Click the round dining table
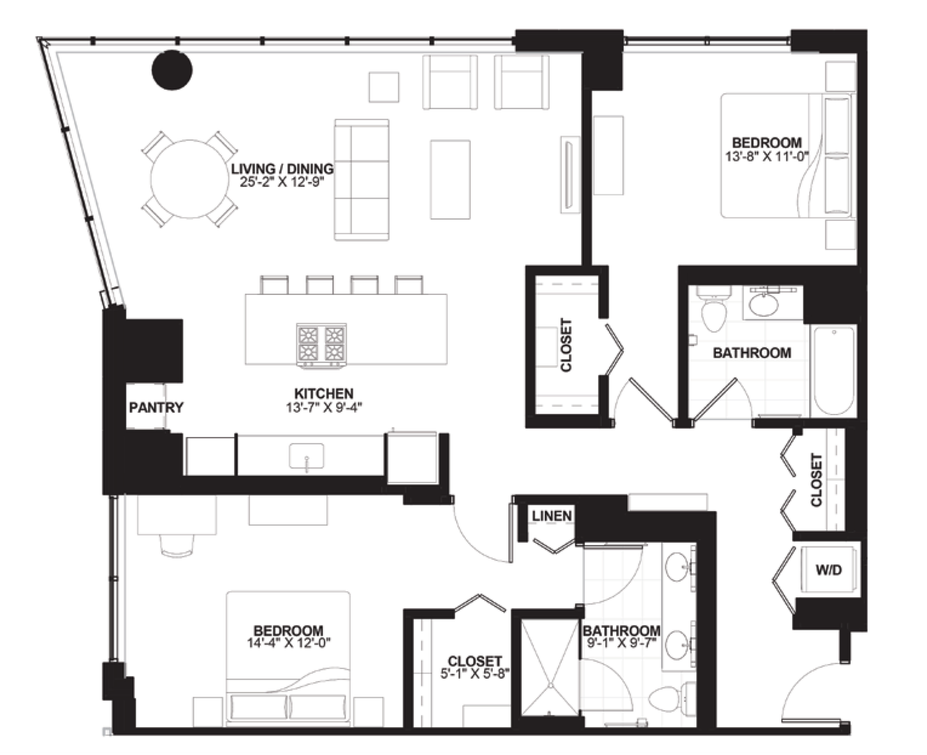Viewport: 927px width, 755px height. [189, 179]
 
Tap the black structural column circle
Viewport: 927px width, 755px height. [172, 70]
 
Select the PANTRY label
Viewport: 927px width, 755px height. [156, 408]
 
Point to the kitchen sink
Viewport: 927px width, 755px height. [307, 456]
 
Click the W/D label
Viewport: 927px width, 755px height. [829, 570]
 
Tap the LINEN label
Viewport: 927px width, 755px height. [552, 516]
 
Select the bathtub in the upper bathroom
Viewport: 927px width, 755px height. [833, 371]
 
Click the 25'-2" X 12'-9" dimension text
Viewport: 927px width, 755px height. [282, 182]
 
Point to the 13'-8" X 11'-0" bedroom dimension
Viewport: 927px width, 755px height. [766, 157]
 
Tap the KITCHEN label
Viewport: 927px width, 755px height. [324, 394]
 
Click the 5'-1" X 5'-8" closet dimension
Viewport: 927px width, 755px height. [475, 674]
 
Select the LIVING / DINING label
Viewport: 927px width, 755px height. [282, 168]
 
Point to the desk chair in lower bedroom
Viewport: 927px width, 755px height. [177, 545]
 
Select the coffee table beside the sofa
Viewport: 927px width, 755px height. [450, 179]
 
